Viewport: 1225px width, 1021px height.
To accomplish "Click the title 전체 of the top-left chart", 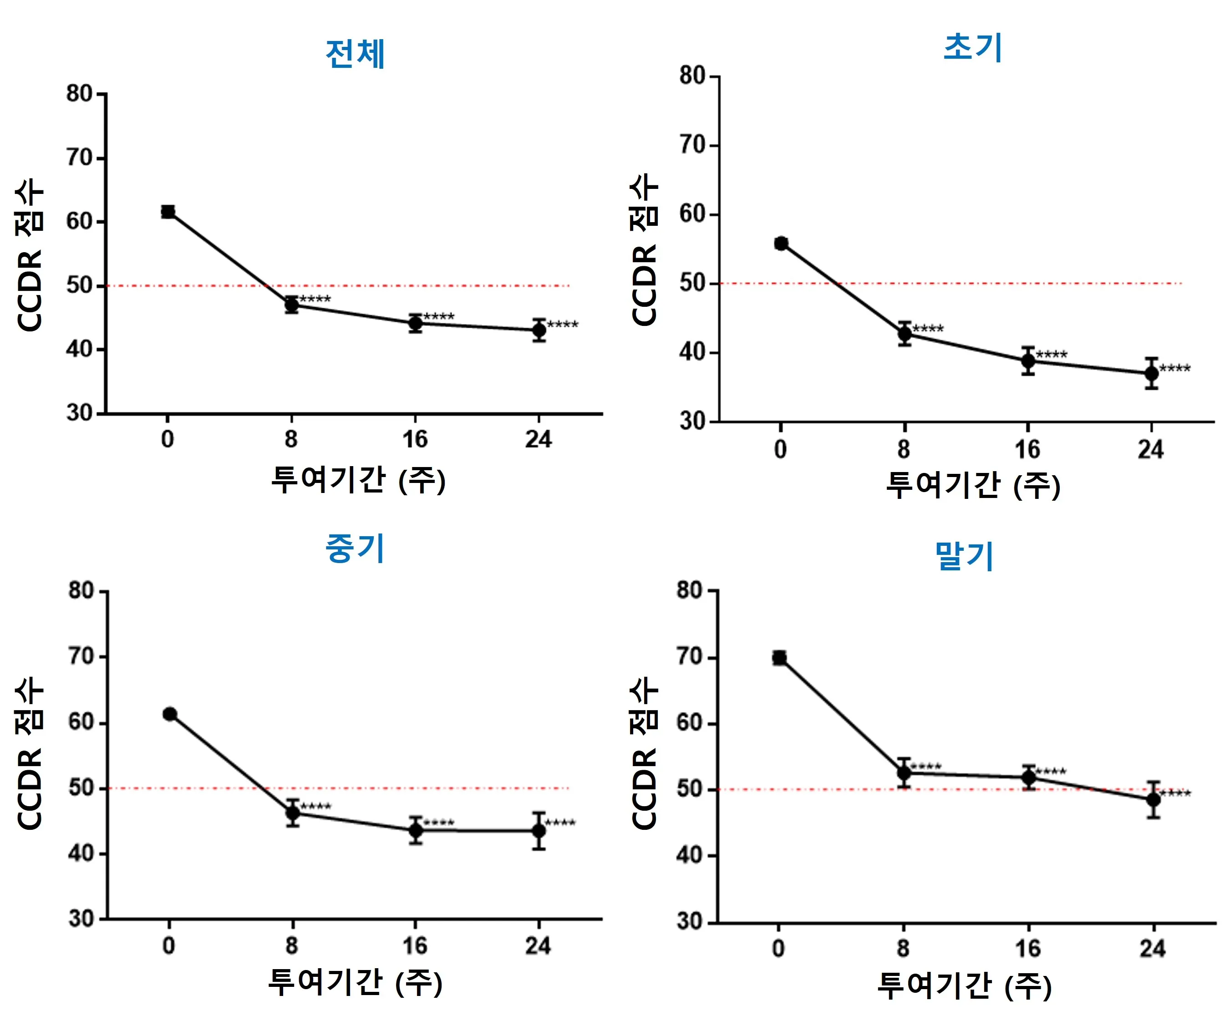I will click(x=355, y=54).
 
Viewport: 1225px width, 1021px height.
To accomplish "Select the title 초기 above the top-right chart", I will click(x=972, y=47).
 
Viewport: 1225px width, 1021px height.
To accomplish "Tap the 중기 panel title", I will click(x=355, y=549).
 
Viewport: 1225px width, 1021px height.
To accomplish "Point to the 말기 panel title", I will click(x=964, y=555).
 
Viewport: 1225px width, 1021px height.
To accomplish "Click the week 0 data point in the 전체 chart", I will click(x=168, y=212).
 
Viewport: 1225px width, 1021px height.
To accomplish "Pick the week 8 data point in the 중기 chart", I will click(x=293, y=813).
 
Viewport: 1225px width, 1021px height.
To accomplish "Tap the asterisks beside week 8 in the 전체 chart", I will click(x=315, y=300).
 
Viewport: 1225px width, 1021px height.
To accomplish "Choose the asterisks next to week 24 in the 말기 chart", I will click(x=1175, y=793).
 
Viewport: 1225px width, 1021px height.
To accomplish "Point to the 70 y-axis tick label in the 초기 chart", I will click(x=692, y=145).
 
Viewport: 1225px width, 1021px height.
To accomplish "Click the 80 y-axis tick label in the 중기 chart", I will click(x=81, y=591).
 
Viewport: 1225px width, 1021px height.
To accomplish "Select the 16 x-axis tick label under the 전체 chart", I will click(x=415, y=439).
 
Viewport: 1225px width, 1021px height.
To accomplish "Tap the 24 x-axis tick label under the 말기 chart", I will click(x=1153, y=949).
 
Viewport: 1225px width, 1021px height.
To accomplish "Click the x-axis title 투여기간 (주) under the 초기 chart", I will click(x=972, y=485).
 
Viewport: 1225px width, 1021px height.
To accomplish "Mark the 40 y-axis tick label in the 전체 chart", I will click(x=79, y=350).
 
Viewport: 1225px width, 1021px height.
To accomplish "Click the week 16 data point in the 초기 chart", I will click(x=1028, y=361).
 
